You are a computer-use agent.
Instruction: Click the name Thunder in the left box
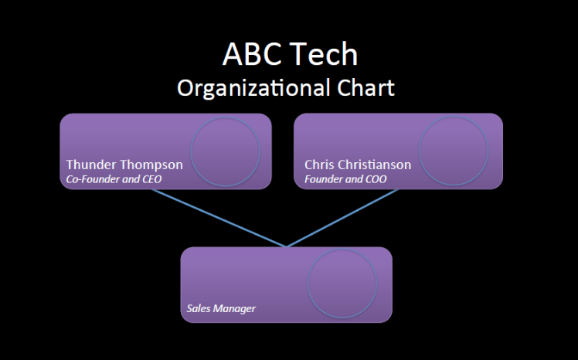click(x=91, y=165)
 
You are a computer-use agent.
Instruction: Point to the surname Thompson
click(x=151, y=165)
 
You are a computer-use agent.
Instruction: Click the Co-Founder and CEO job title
click(x=114, y=179)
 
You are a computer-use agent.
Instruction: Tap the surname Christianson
click(x=376, y=165)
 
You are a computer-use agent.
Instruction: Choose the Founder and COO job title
click(x=345, y=179)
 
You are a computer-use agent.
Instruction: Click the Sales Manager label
click(x=221, y=308)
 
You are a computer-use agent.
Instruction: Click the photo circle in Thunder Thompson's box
click(x=225, y=151)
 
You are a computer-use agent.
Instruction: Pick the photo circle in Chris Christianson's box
click(x=454, y=151)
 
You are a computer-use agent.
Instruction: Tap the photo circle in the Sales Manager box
click(x=342, y=284)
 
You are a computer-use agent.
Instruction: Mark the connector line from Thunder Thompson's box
click(x=219, y=218)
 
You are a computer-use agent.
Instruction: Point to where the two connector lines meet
click(x=287, y=246)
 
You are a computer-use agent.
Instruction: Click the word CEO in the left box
click(x=151, y=179)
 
